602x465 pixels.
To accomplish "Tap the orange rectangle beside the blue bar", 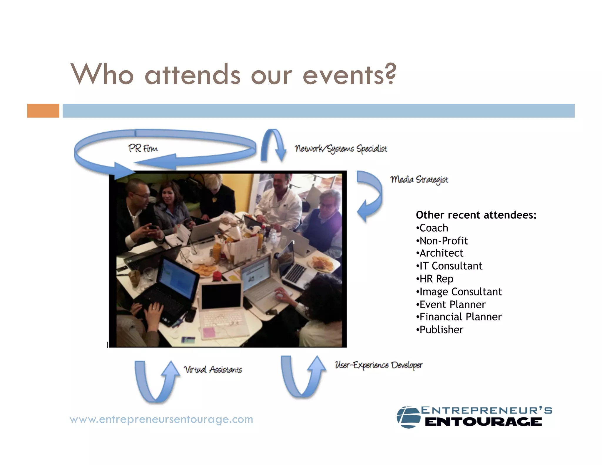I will (43, 111).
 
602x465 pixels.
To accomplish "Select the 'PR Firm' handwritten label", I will (143, 148).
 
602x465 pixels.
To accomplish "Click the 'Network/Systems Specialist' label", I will (341, 149).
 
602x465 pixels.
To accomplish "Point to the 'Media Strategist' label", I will (419, 179).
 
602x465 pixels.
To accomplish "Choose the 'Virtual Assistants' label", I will (213, 369).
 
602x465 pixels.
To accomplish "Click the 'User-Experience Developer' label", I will (379, 365).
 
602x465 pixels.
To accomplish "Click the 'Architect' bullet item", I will (441, 253).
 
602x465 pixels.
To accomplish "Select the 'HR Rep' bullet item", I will (436, 279).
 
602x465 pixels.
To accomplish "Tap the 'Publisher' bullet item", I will (441, 330).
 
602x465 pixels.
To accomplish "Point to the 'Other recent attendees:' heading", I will (476, 215).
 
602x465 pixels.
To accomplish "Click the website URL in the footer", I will (161, 419).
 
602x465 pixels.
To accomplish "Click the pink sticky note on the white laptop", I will (209, 332).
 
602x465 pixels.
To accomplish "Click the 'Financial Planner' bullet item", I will (460, 317).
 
